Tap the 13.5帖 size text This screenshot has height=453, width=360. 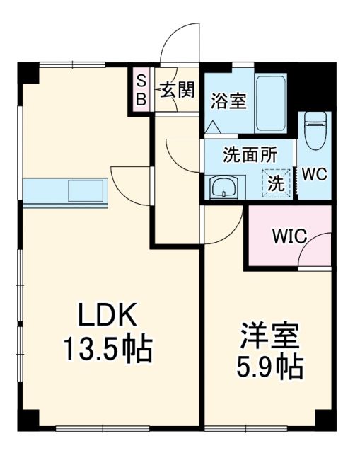pyautogui.click(x=108, y=348)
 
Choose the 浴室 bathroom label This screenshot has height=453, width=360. pyautogui.click(x=228, y=101)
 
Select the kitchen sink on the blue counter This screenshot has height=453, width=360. pyautogui.click(x=86, y=192)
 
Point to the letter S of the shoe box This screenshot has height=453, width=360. pyautogui.click(x=141, y=80)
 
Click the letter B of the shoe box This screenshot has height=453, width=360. pyautogui.click(x=141, y=99)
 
